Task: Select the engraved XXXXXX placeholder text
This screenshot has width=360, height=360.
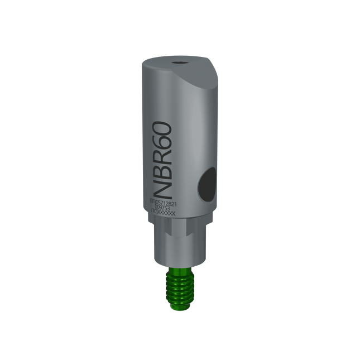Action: pyautogui.click(x=167, y=213)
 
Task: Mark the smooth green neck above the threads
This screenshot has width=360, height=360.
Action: pyautogui.click(x=179, y=269)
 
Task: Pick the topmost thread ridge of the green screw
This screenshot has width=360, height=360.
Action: pyautogui.click(x=179, y=275)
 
